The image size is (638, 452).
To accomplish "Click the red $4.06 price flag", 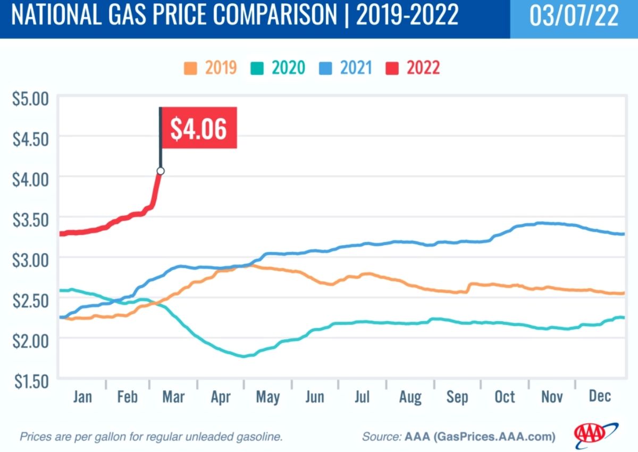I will click(198, 128).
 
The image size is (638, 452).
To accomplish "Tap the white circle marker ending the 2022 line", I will click(161, 171).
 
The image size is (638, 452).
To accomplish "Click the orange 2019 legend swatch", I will click(190, 68).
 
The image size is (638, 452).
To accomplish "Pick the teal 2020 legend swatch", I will click(258, 68).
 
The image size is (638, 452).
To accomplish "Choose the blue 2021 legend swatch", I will click(325, 68).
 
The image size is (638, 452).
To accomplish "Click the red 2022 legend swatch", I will click(392, 68).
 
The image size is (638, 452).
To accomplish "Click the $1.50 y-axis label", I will click(31, 380).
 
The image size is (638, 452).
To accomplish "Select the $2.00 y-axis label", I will click(31, 339).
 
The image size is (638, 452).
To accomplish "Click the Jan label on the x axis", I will click(82, 397).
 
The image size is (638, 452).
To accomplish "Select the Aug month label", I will click(410, 397).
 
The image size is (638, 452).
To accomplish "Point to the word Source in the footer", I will click(381, 437).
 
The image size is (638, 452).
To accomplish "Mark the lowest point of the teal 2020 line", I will click(245, 356).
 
